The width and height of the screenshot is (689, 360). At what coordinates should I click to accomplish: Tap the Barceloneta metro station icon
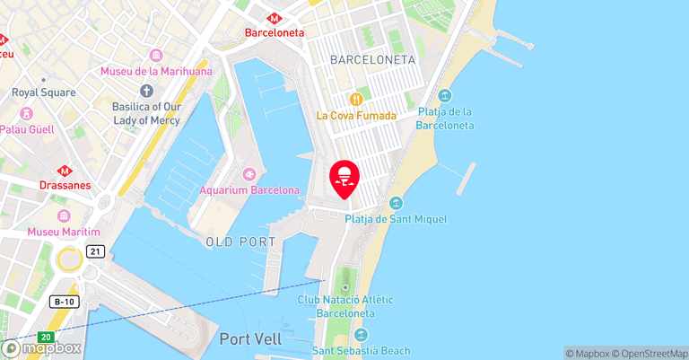pos(275,17)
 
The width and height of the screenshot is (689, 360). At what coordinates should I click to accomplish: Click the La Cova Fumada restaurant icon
pos(356,99)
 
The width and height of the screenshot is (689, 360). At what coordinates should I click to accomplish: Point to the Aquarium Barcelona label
pos(249,190)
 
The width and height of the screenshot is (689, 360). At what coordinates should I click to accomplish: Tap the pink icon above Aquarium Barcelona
pos(249,174)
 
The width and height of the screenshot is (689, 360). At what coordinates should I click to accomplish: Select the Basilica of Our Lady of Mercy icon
pos(147,91)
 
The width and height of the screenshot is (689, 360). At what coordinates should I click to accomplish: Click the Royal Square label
pos(42,92)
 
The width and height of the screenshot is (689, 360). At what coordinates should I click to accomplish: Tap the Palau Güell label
pos(27,129)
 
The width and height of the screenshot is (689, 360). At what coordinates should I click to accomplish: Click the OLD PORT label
pos(240,242)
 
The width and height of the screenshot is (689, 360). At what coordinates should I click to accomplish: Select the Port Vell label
pos(250,339)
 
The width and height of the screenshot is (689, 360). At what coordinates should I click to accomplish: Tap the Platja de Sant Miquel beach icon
pos(396,203)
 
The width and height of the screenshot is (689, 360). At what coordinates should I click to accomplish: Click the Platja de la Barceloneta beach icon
pos(445,96)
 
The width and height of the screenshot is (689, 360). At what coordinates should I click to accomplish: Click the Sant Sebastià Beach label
pos(361,350)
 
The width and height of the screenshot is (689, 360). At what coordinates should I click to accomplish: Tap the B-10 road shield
pos(62,302)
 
